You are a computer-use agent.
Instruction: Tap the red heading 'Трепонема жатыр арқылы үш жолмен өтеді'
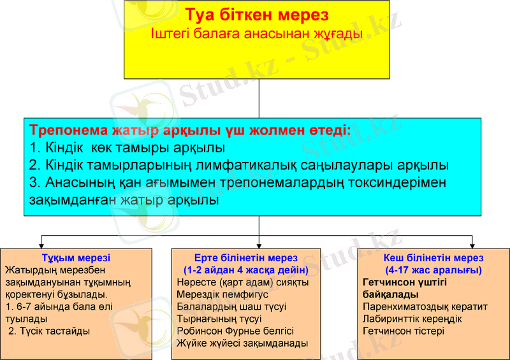coord(190,131)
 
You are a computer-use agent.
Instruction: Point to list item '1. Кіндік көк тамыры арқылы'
coord(127,148)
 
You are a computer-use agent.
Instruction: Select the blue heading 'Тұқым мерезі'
coord(76,258)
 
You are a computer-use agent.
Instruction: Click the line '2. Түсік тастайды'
coord(49,331)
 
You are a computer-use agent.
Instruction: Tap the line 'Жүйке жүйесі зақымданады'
coord(242,343)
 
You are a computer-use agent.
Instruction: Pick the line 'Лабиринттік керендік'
coord(412,319)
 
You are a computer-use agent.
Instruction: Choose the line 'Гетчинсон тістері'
coord(403,331)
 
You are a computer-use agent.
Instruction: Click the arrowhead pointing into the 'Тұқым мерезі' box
coord(41,245)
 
